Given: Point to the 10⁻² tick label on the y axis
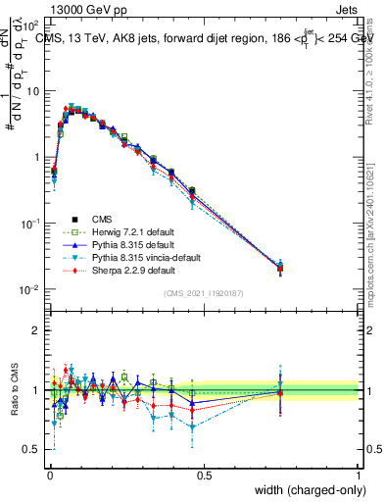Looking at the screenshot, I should pyautogui.click(x=30, y=289).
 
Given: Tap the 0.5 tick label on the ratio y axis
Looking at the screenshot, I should pyautogui.click(x=34, y=450).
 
